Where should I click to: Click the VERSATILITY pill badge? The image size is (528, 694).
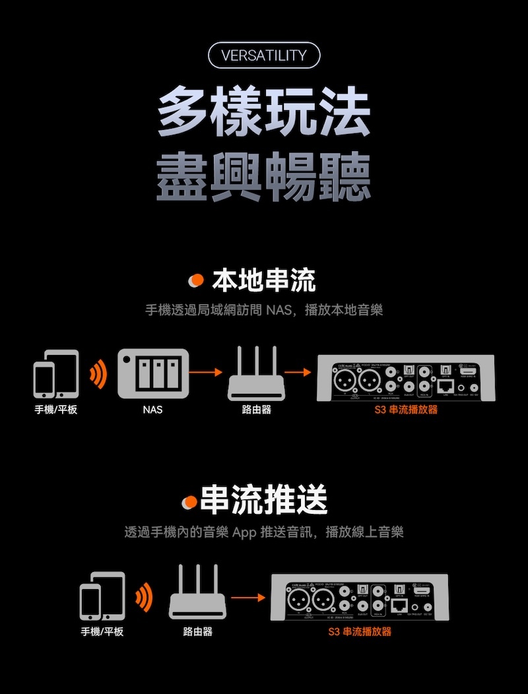[x=264, y=55]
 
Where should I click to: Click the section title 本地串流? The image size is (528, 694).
[x=263, y=281]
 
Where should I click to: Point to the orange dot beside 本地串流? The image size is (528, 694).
[x=195, y=282]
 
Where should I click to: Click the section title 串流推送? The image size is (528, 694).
[x=263, y=500]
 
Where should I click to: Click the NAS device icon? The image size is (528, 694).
[x=153, y=374]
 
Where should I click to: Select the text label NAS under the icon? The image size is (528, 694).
[x=152, y=410]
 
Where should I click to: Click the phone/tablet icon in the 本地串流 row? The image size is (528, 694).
[x=56, y=374]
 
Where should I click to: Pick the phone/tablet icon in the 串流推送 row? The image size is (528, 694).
[x=102, y=596]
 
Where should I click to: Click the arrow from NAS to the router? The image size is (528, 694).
[x=205, y=373]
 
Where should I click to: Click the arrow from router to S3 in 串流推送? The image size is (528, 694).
[x=246, y=598]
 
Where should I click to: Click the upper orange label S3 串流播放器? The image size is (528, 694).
[x=406, y=410]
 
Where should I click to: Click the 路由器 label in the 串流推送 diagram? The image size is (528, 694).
[x=197, y=631]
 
